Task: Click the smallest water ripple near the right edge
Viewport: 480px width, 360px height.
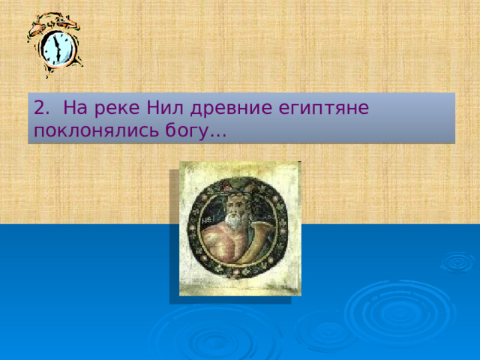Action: (x=457, y=262)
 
